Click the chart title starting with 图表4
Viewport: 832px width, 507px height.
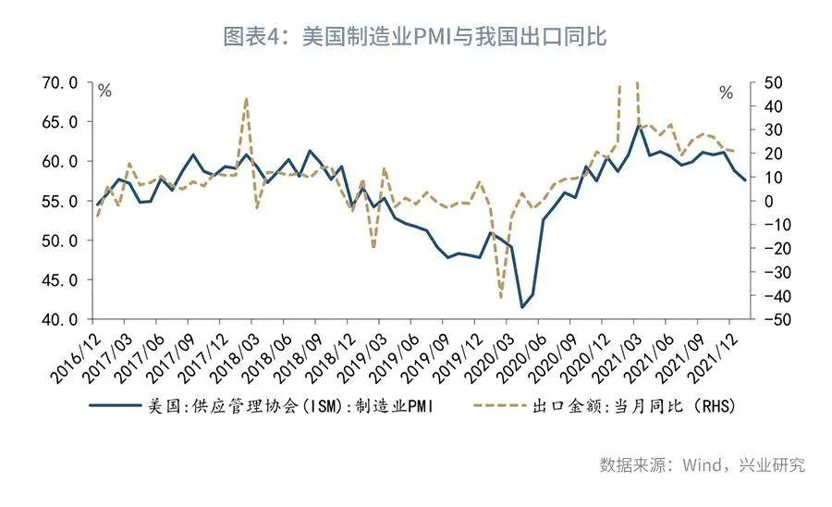[x=415, y=37]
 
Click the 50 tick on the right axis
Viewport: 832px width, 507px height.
[x=773, y=82]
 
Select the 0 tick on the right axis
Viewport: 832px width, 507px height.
[x=768, y=201]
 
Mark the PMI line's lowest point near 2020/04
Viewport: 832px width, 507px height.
[x=522, y=307]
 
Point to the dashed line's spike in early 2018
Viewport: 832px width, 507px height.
[x=246, y=98]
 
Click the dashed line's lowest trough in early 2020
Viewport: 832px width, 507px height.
[x=502, y=298]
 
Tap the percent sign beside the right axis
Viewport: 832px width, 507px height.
[x=726, y=93]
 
